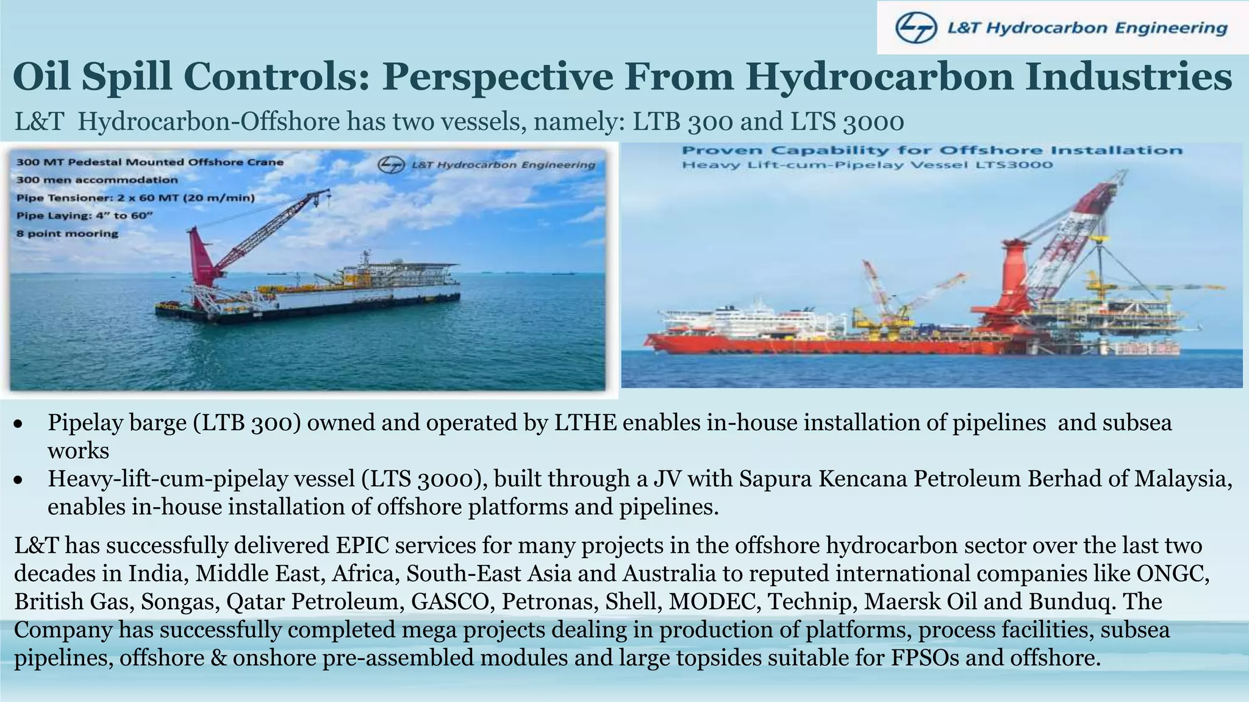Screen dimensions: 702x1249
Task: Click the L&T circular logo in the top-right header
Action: [x=916, y=29]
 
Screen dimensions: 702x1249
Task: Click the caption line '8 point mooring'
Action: [x=67, y=233]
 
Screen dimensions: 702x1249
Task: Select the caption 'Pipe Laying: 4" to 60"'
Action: [x=84, y=216]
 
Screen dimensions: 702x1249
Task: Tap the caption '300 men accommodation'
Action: [x=97, y=180]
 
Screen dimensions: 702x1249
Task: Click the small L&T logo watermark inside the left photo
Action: [x=391, y=165]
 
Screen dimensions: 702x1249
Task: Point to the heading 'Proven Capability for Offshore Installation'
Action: [x=932, y=151]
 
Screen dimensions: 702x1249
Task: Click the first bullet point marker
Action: [x=19, y=424]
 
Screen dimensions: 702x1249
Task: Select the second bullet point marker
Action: [x=19, y=480]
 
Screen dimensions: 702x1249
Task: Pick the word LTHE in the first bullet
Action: [x=585, y=423]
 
